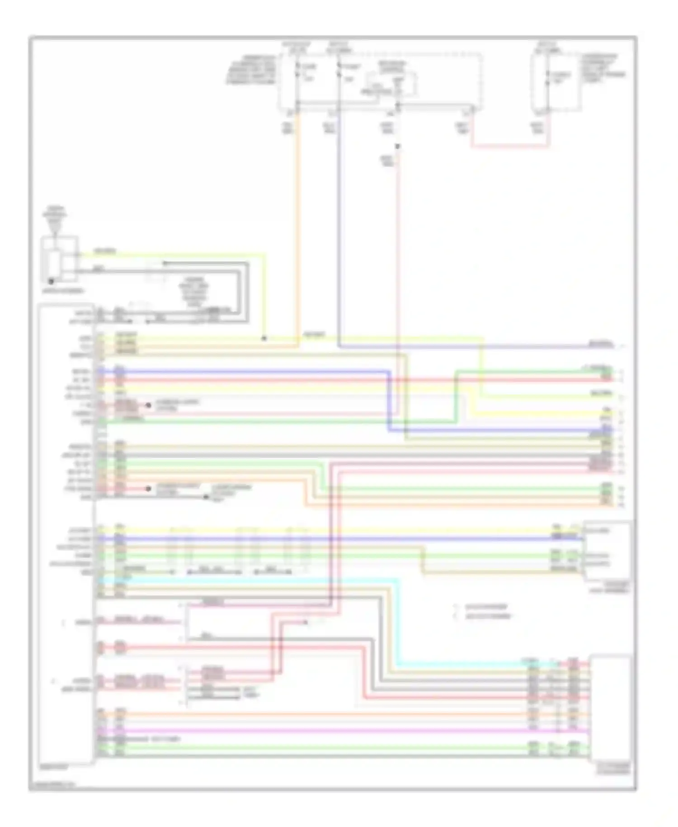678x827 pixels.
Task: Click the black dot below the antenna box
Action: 51,281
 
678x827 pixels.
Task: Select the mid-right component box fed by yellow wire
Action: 607,549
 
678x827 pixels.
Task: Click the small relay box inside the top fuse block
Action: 391,86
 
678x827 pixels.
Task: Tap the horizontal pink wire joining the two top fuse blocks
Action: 511,147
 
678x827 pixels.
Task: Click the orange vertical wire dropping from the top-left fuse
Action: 297,226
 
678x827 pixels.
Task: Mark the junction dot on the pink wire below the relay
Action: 397,147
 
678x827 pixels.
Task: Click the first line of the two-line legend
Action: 486,607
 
